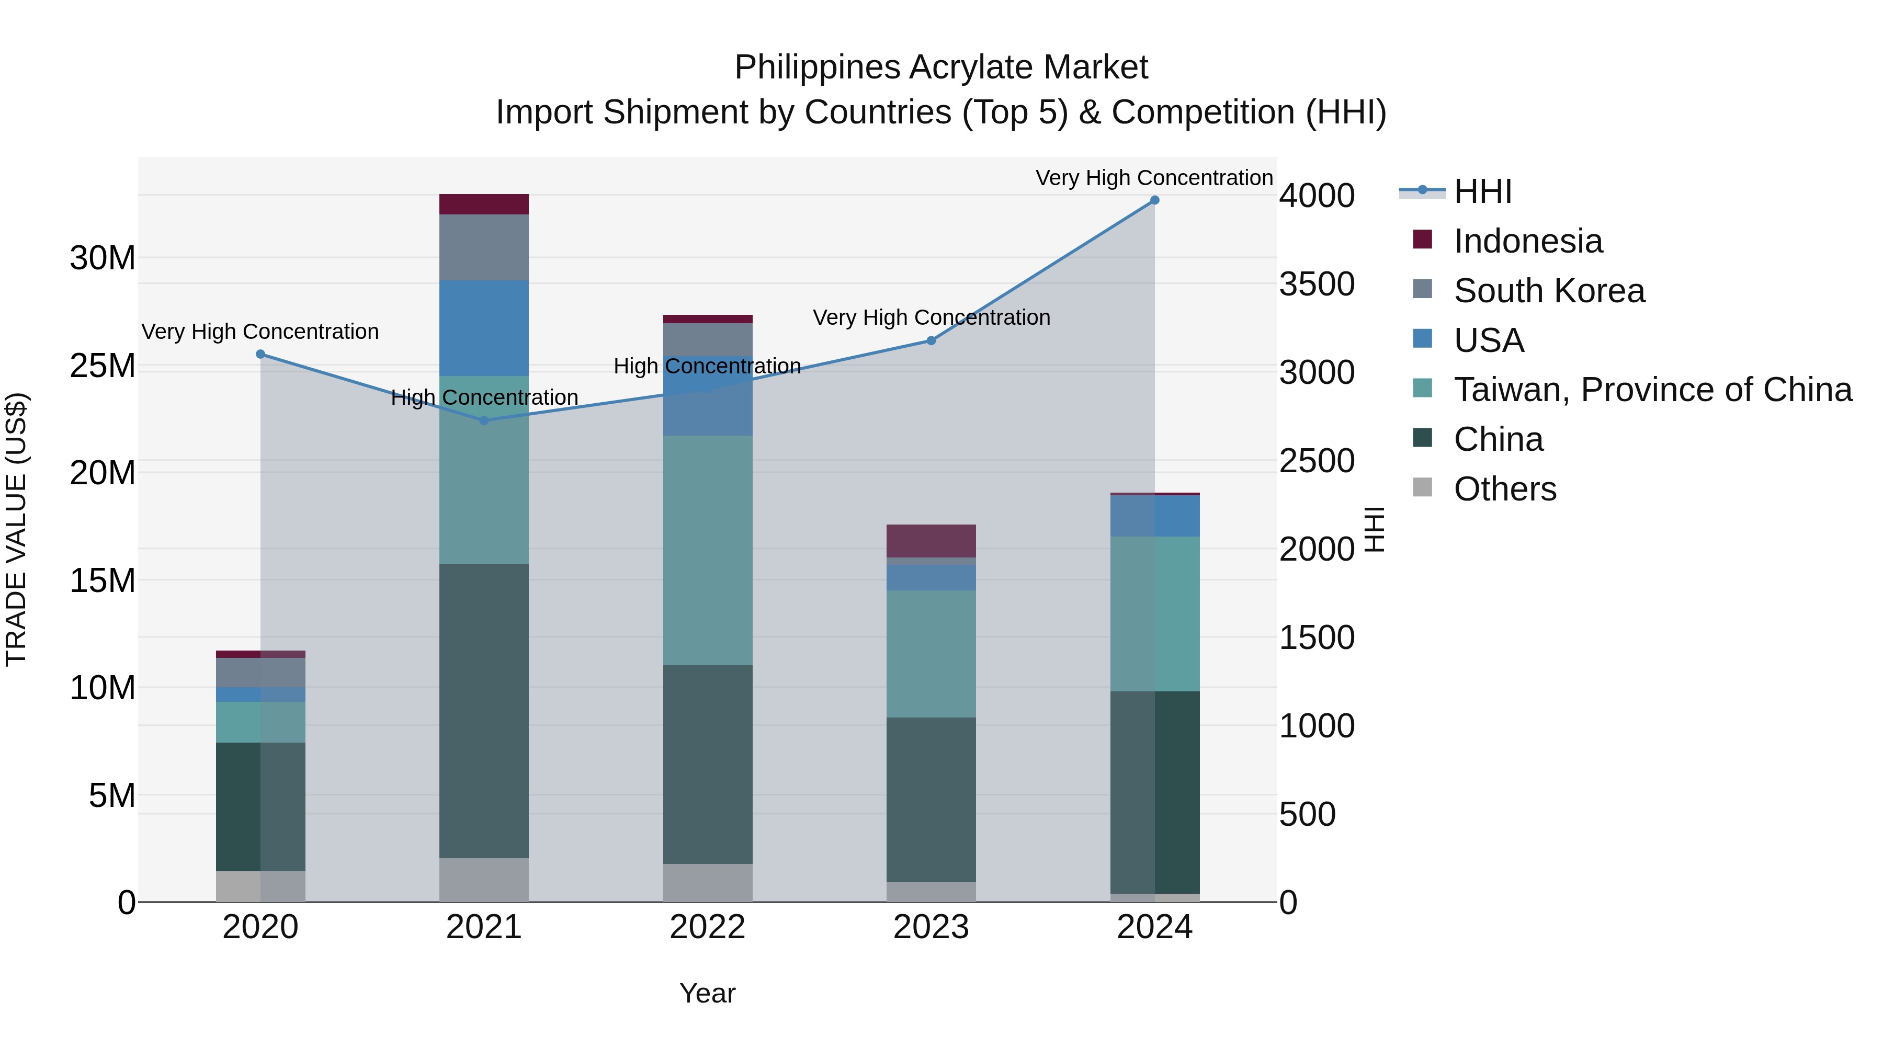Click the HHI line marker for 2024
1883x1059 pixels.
(x=1154, y=200)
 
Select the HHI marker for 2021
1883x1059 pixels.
(x=484, y=420)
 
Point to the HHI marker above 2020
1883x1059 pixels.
(x=260, y=355)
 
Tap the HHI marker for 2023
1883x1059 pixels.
(x=931, y=340)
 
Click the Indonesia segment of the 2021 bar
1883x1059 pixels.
(x=484, y=204)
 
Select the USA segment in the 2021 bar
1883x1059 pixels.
(x=484, y=328)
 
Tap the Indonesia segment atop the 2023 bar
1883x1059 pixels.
(x=931, y=541)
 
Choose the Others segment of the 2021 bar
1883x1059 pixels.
(x=484, y=880)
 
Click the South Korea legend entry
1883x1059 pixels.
(x=1549, y=291)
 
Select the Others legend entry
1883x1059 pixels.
(x=1504, y=489)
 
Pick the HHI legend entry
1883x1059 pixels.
(x=1482, y=191)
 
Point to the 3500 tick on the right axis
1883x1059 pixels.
(x=1317, y=284)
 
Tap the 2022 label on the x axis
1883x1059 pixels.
(x=708, y=927)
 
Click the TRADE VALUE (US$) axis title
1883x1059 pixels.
(x=16, y=529)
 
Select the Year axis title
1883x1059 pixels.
(x=708, y=993)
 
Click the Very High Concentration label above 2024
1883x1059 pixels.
(x=1154, y=178)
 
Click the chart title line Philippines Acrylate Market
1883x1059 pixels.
(x=941, y=67)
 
